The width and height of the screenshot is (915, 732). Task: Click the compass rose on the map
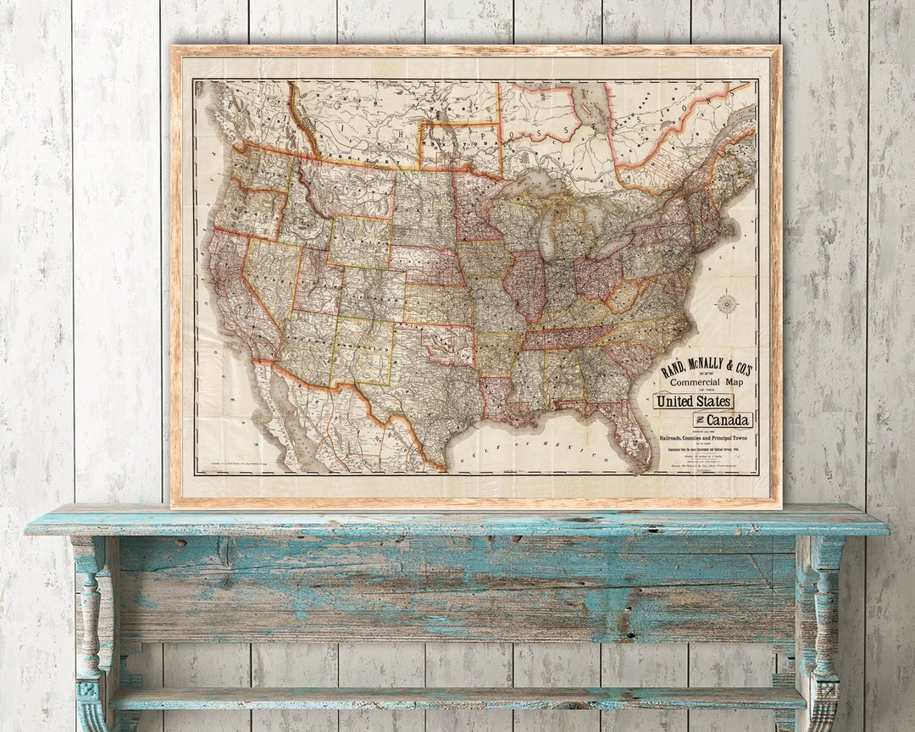(x=726, y=303)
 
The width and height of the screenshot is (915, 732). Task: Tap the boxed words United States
(x=693, y=401)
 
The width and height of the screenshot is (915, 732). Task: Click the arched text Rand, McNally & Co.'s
(x=706, y=366)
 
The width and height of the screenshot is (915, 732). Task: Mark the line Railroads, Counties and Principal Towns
(x=707, y=436)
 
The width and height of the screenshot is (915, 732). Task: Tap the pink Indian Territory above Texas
(x=446, y=342)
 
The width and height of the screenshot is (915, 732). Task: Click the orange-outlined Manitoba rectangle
(x=460, y=147)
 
